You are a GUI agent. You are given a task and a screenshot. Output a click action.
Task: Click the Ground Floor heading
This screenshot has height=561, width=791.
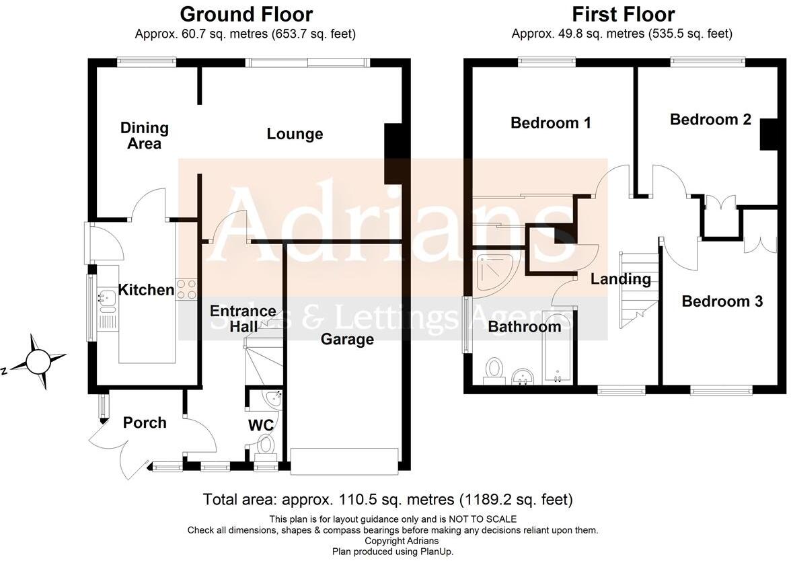[246, 13]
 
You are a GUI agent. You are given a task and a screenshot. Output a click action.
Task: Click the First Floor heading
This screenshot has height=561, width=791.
[623, 13]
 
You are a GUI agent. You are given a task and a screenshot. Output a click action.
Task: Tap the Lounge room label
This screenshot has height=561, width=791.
[295, 134]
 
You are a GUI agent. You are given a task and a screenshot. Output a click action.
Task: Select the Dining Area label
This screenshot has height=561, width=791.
[144, 135]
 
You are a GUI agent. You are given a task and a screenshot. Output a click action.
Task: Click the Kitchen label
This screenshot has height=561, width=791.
[146, 290]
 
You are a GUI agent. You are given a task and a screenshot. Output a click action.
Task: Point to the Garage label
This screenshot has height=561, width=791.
[347, 339]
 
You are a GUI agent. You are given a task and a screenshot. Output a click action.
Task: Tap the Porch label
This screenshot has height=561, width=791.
[145, 422]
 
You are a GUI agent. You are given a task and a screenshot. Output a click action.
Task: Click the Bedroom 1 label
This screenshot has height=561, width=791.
[551, 122]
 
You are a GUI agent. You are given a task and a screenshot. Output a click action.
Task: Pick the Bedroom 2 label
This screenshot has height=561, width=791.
[710, 119]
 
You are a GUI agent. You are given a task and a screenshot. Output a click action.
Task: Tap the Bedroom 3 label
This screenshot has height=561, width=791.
[722, 301]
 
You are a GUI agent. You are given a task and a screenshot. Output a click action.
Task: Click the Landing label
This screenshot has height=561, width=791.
[621, 278]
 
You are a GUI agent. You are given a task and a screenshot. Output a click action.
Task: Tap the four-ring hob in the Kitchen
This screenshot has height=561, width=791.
[187, 288]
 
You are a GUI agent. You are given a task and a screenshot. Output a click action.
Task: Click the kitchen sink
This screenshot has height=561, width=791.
[106, 296]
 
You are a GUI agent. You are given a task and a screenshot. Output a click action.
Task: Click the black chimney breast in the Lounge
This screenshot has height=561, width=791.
[395, 153]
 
